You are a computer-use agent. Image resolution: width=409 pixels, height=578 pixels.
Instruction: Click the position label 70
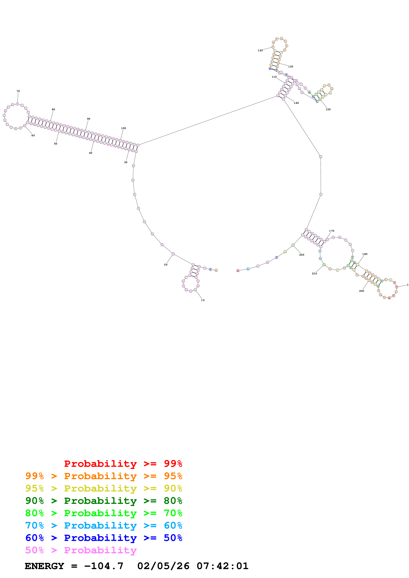[18, 91]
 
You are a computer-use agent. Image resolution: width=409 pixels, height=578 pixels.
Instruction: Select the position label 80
[53, 110]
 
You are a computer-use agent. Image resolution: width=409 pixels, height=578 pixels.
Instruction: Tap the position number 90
[88, 119]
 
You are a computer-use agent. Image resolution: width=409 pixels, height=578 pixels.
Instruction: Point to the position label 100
[123, 128]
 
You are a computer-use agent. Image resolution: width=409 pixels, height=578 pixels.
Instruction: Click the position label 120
[260, 51]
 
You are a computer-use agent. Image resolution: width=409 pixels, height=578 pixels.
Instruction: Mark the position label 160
[296, 103]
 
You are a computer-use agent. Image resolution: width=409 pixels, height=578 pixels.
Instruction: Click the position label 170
[332, 231]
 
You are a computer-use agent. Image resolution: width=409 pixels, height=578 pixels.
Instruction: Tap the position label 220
[302, 255]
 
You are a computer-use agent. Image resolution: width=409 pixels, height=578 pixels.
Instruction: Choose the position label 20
[166, 265]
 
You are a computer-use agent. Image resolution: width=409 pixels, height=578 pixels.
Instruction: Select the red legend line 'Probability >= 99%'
[123, 463]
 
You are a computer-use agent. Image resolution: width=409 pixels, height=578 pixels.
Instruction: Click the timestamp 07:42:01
[223, 566]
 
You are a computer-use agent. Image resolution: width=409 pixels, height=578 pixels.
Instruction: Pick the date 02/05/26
[163, 566]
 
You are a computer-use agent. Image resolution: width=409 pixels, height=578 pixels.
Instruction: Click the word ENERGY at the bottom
[44, 566]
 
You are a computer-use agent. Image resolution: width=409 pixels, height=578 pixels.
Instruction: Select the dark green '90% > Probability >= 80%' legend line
[104, 501]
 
